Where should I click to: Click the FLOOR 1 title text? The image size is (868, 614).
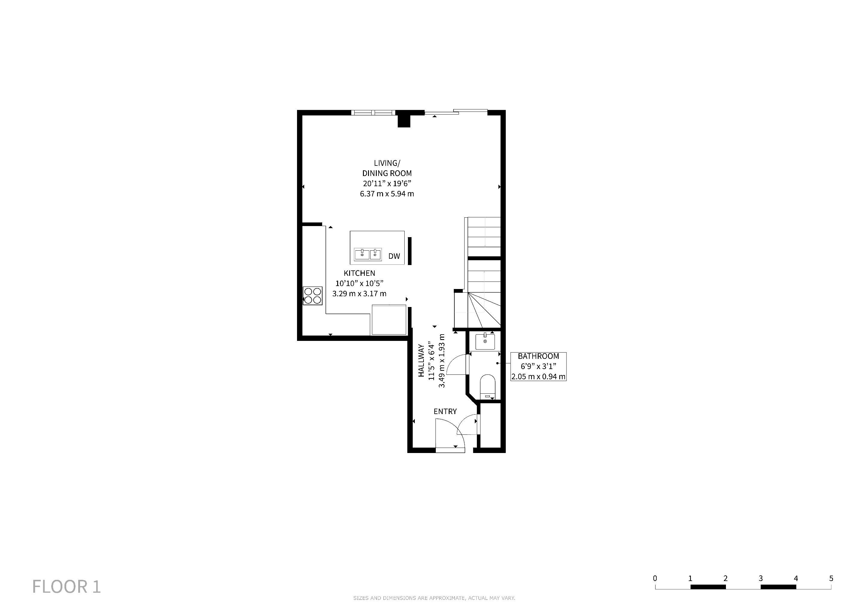[67, 586]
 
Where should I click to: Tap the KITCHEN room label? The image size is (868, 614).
[359, 273]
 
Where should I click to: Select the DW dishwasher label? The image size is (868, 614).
[394, 256]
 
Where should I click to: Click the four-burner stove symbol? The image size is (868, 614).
[313, 296]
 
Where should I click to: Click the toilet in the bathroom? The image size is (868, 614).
[487, 386]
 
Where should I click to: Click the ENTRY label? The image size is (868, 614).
[445, 411]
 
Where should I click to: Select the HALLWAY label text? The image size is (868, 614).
[421, 360]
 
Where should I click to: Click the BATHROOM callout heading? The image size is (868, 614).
[538, 356]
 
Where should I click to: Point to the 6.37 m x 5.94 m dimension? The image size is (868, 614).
[387, 194]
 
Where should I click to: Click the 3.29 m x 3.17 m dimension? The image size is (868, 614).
[359, 294]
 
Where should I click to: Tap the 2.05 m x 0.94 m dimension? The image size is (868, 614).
[538, 377]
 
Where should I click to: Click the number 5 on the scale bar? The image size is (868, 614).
[831, 578]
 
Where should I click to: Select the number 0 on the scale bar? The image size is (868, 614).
[655, 578]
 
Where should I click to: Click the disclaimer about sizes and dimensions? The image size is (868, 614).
[434, 598]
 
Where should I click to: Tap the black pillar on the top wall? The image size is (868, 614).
[404, 120]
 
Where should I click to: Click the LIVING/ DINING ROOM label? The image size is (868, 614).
[387, 168]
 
